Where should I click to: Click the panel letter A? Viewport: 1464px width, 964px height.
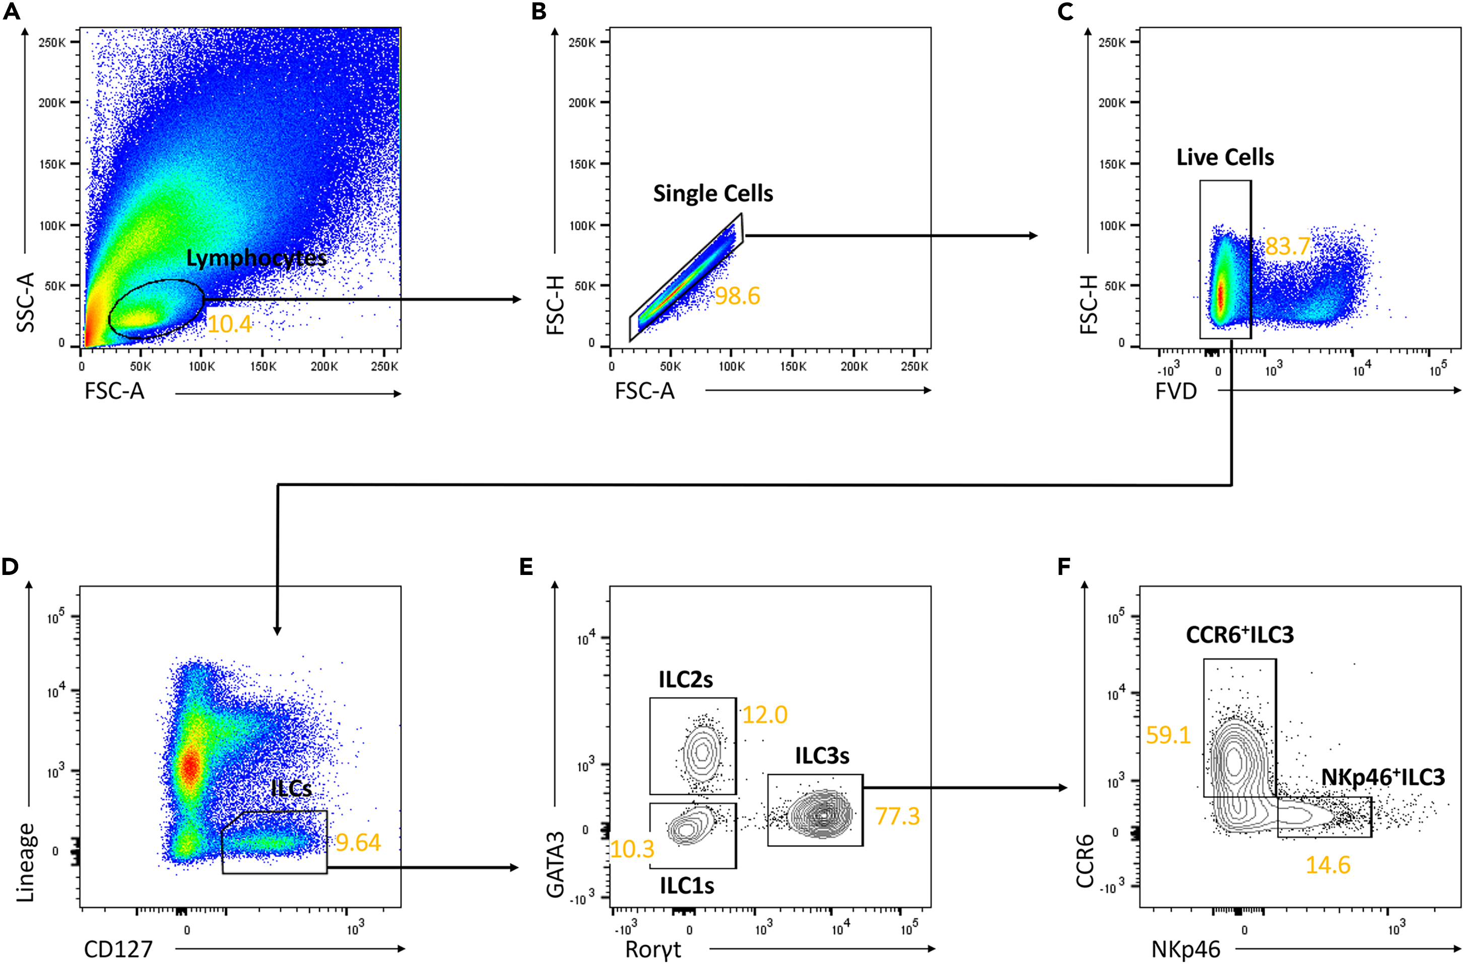click(x=11, y=12)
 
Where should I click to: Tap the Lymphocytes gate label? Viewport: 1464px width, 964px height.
click(x=256, y=259)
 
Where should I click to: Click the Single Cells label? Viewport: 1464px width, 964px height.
click(x=713, y=194)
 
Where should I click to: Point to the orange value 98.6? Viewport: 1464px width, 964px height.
click(x=738, y=296)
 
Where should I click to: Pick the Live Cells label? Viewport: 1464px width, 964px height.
click(x=1225, y=158)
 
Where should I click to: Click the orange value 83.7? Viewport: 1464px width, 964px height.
click(x=1288, y=247)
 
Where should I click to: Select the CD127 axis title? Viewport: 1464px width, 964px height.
click(x=118, y=950)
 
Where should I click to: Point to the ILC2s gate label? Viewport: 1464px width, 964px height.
click(x=685, y=680)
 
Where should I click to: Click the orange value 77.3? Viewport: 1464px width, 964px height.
click(x=897, y=816)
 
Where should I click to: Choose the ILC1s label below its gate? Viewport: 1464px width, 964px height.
click(x=687, y=886)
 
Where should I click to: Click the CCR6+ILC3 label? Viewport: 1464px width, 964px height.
click(x=1239, y=635)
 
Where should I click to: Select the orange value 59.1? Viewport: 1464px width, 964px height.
click(x=1168, y=735)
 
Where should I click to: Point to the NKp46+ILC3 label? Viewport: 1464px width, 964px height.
click(x=1382, y=778)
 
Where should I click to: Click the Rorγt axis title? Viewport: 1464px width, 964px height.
click(x=653, y=950)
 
